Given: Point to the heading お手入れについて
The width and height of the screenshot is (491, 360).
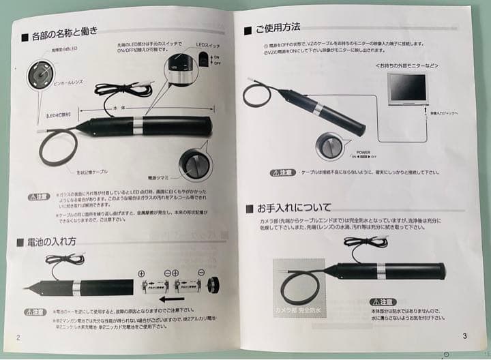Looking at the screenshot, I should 293,207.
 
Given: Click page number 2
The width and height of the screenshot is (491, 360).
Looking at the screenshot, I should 18,337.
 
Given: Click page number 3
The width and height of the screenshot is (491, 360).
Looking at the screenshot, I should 464,335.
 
